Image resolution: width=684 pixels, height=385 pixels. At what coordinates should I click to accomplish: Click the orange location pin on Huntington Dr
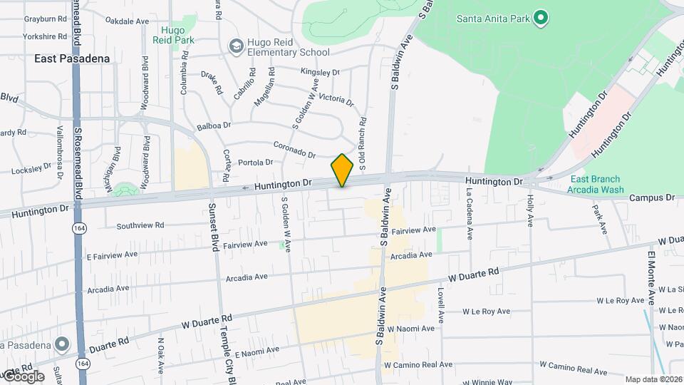point(342,170)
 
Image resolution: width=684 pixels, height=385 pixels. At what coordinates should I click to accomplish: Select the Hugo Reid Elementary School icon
point(236,46)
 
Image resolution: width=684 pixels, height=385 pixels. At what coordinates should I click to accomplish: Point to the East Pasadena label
point(72,58)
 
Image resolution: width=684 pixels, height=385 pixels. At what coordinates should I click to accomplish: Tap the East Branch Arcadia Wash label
point(595,185)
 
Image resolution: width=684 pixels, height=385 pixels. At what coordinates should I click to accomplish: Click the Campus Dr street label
point(652,197)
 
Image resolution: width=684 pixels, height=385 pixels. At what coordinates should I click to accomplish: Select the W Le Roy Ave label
point(486,312)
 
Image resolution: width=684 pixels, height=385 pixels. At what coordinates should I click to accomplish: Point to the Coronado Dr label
point(294,149)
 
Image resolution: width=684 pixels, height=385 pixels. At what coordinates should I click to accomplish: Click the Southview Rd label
point(140,225)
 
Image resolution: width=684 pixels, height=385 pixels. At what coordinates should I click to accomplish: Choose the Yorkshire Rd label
point(44,36)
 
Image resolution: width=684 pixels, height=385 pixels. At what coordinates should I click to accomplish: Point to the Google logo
point(23,376)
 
